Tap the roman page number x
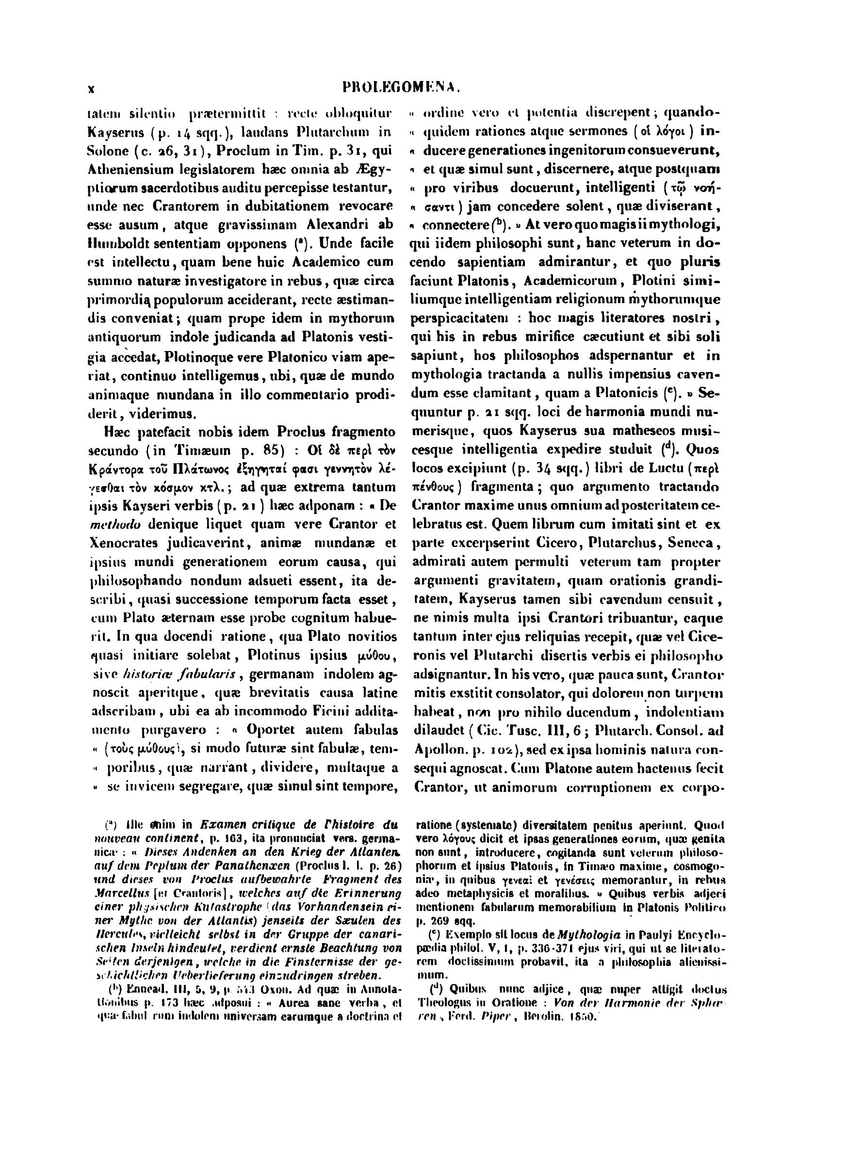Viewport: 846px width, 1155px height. [x=91, y=89]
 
